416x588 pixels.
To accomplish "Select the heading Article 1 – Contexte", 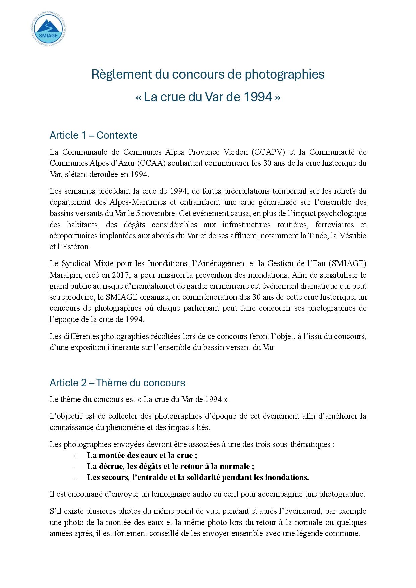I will click(x=93, y=135).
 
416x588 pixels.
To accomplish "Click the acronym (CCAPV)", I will click(x=268, y=152).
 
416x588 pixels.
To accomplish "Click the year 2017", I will click(x=121, y=275).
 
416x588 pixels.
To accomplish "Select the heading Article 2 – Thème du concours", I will click(x=117, y=383).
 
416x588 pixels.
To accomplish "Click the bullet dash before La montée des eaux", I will click(x=75, y=455).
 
